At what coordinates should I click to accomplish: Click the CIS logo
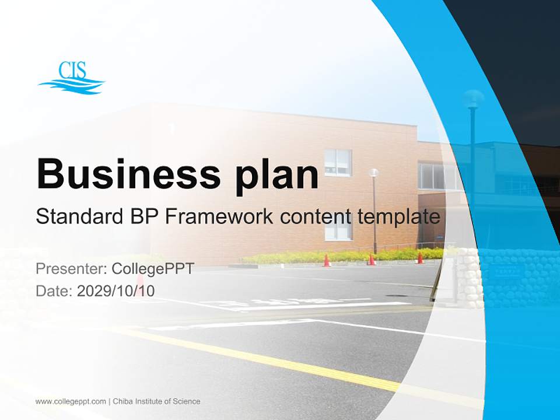[x=71, y=78]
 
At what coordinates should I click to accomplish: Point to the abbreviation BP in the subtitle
[x=142, y=217]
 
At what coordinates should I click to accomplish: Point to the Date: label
[x=54, y=290]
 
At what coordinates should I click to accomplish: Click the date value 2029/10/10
[x=116, y=290]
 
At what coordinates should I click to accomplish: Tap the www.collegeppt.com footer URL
[x=71, y=401]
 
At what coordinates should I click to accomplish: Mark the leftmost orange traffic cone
[x=327, y=260]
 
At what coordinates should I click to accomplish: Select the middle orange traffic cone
[x=371, y=260]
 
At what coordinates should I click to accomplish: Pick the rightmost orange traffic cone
[x=419, y=258]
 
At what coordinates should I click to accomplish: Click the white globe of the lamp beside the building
[x=373, y=173]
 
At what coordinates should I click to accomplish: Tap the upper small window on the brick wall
[x=338, y=162]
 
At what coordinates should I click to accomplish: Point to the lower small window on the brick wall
[x=338, y=229]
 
